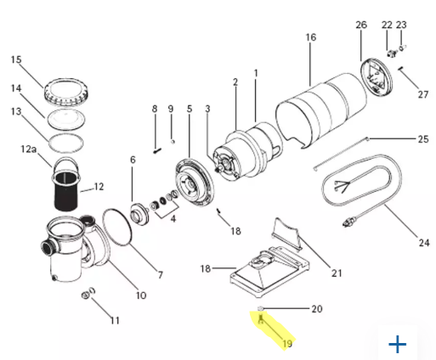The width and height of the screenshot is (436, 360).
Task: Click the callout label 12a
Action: [29, 150]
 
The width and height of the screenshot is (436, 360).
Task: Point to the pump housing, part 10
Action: [72, 246]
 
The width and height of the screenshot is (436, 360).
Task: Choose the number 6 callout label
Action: [133, 159]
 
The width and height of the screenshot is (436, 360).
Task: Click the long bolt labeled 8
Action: [156, 132]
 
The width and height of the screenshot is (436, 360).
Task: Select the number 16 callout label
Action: [310, 37]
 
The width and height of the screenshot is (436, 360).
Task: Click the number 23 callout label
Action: [402, 25]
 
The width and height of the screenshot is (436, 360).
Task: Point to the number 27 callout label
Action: [423, 93]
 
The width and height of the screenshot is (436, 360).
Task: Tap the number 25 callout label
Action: [422, 138]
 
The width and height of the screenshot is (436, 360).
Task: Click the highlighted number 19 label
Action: [286, 344]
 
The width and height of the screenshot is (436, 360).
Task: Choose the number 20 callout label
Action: [316, 309]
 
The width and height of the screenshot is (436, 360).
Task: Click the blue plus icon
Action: [397, 344]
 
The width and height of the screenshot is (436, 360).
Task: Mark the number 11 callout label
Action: [114, 320]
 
